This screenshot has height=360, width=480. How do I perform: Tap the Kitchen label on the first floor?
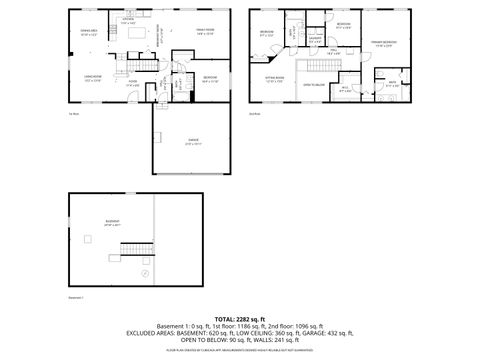point(128,19)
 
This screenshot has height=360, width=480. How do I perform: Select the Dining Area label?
point(88,33)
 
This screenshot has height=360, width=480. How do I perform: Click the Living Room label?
point(91,78)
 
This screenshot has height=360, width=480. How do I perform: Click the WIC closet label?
point(344,88)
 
